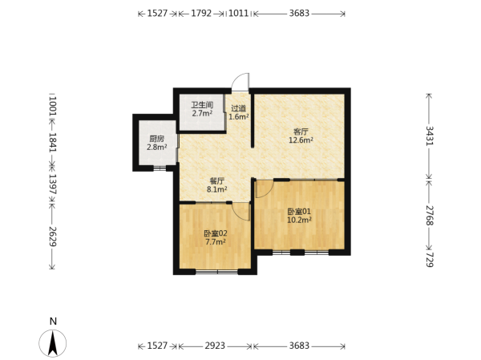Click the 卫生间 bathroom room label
[203, 105]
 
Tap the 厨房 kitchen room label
[157, 139]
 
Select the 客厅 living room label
[301, 132]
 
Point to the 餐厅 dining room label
[217, 181]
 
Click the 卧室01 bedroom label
[299, 212]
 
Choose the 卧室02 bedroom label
[216, 233]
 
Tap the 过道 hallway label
[238, 108]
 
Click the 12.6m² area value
[301, 140]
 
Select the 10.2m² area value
[299, 220]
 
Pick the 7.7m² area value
[216, 242]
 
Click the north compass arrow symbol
[53, 343]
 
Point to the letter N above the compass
[54, 322]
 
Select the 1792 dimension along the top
[201, 14]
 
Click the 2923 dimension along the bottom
[215, 346]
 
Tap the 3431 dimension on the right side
[430, 136]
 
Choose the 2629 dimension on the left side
[52, 237]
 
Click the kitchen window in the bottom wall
[160, 168]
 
